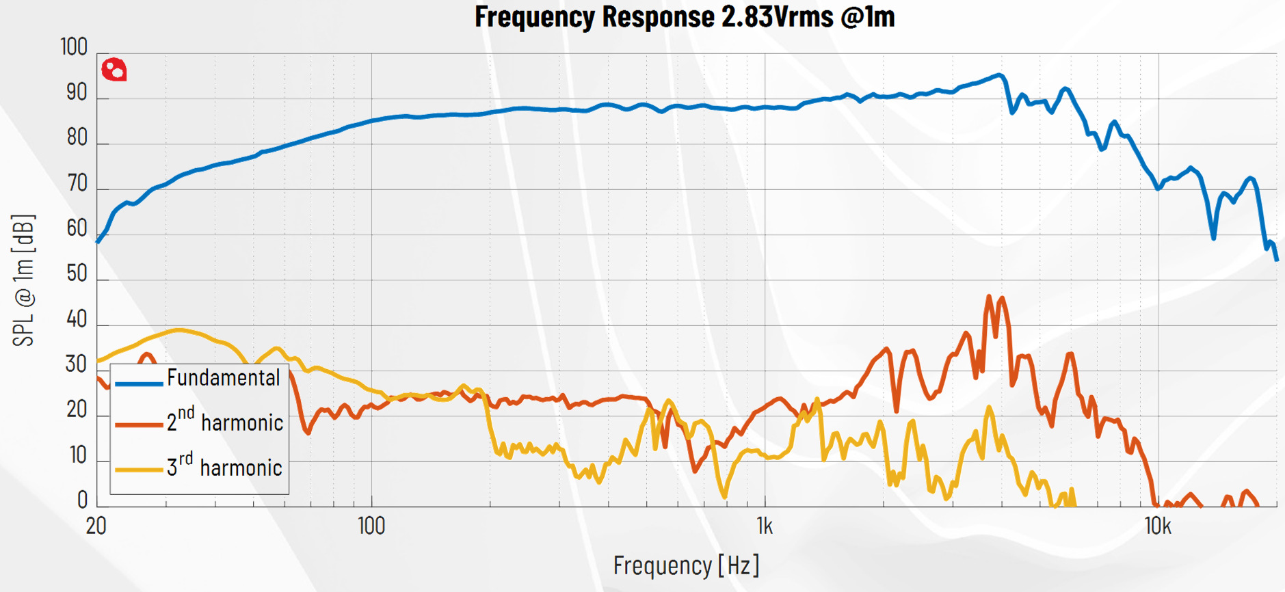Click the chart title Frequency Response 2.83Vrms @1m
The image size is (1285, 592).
685,16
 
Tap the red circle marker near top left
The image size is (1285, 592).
114,70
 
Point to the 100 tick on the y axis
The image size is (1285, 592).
74,47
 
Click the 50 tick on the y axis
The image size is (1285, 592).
77,273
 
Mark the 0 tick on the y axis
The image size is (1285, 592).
82,500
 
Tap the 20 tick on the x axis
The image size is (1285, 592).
96,526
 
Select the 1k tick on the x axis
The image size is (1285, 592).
765,526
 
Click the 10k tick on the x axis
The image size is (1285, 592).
1158,526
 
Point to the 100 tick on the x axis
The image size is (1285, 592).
371,526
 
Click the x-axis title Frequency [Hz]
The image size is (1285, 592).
686,565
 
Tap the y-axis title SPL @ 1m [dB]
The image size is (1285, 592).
23,280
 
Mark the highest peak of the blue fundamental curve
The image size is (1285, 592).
1000,75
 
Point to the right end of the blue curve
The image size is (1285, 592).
1276,259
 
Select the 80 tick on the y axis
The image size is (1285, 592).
77,138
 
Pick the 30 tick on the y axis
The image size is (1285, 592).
77,364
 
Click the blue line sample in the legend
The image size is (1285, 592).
139,384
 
